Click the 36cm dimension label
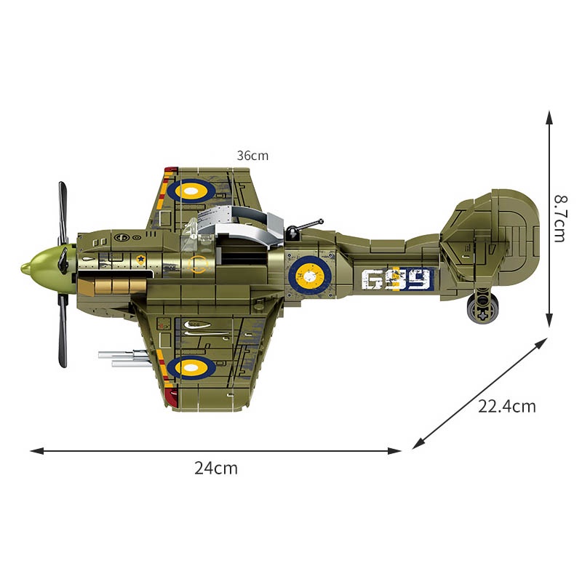tap(252, 155)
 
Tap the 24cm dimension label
tap(216, 469)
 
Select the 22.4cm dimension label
tap(506, 407)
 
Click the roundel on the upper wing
tap(192, 191)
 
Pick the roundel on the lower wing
tap(192, 368)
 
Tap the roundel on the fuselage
tap(311, 276)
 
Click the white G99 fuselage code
tap(396, 278)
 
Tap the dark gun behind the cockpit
tap(303, 228)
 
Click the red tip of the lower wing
tap(172, 396)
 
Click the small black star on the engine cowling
tap(138, 258)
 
